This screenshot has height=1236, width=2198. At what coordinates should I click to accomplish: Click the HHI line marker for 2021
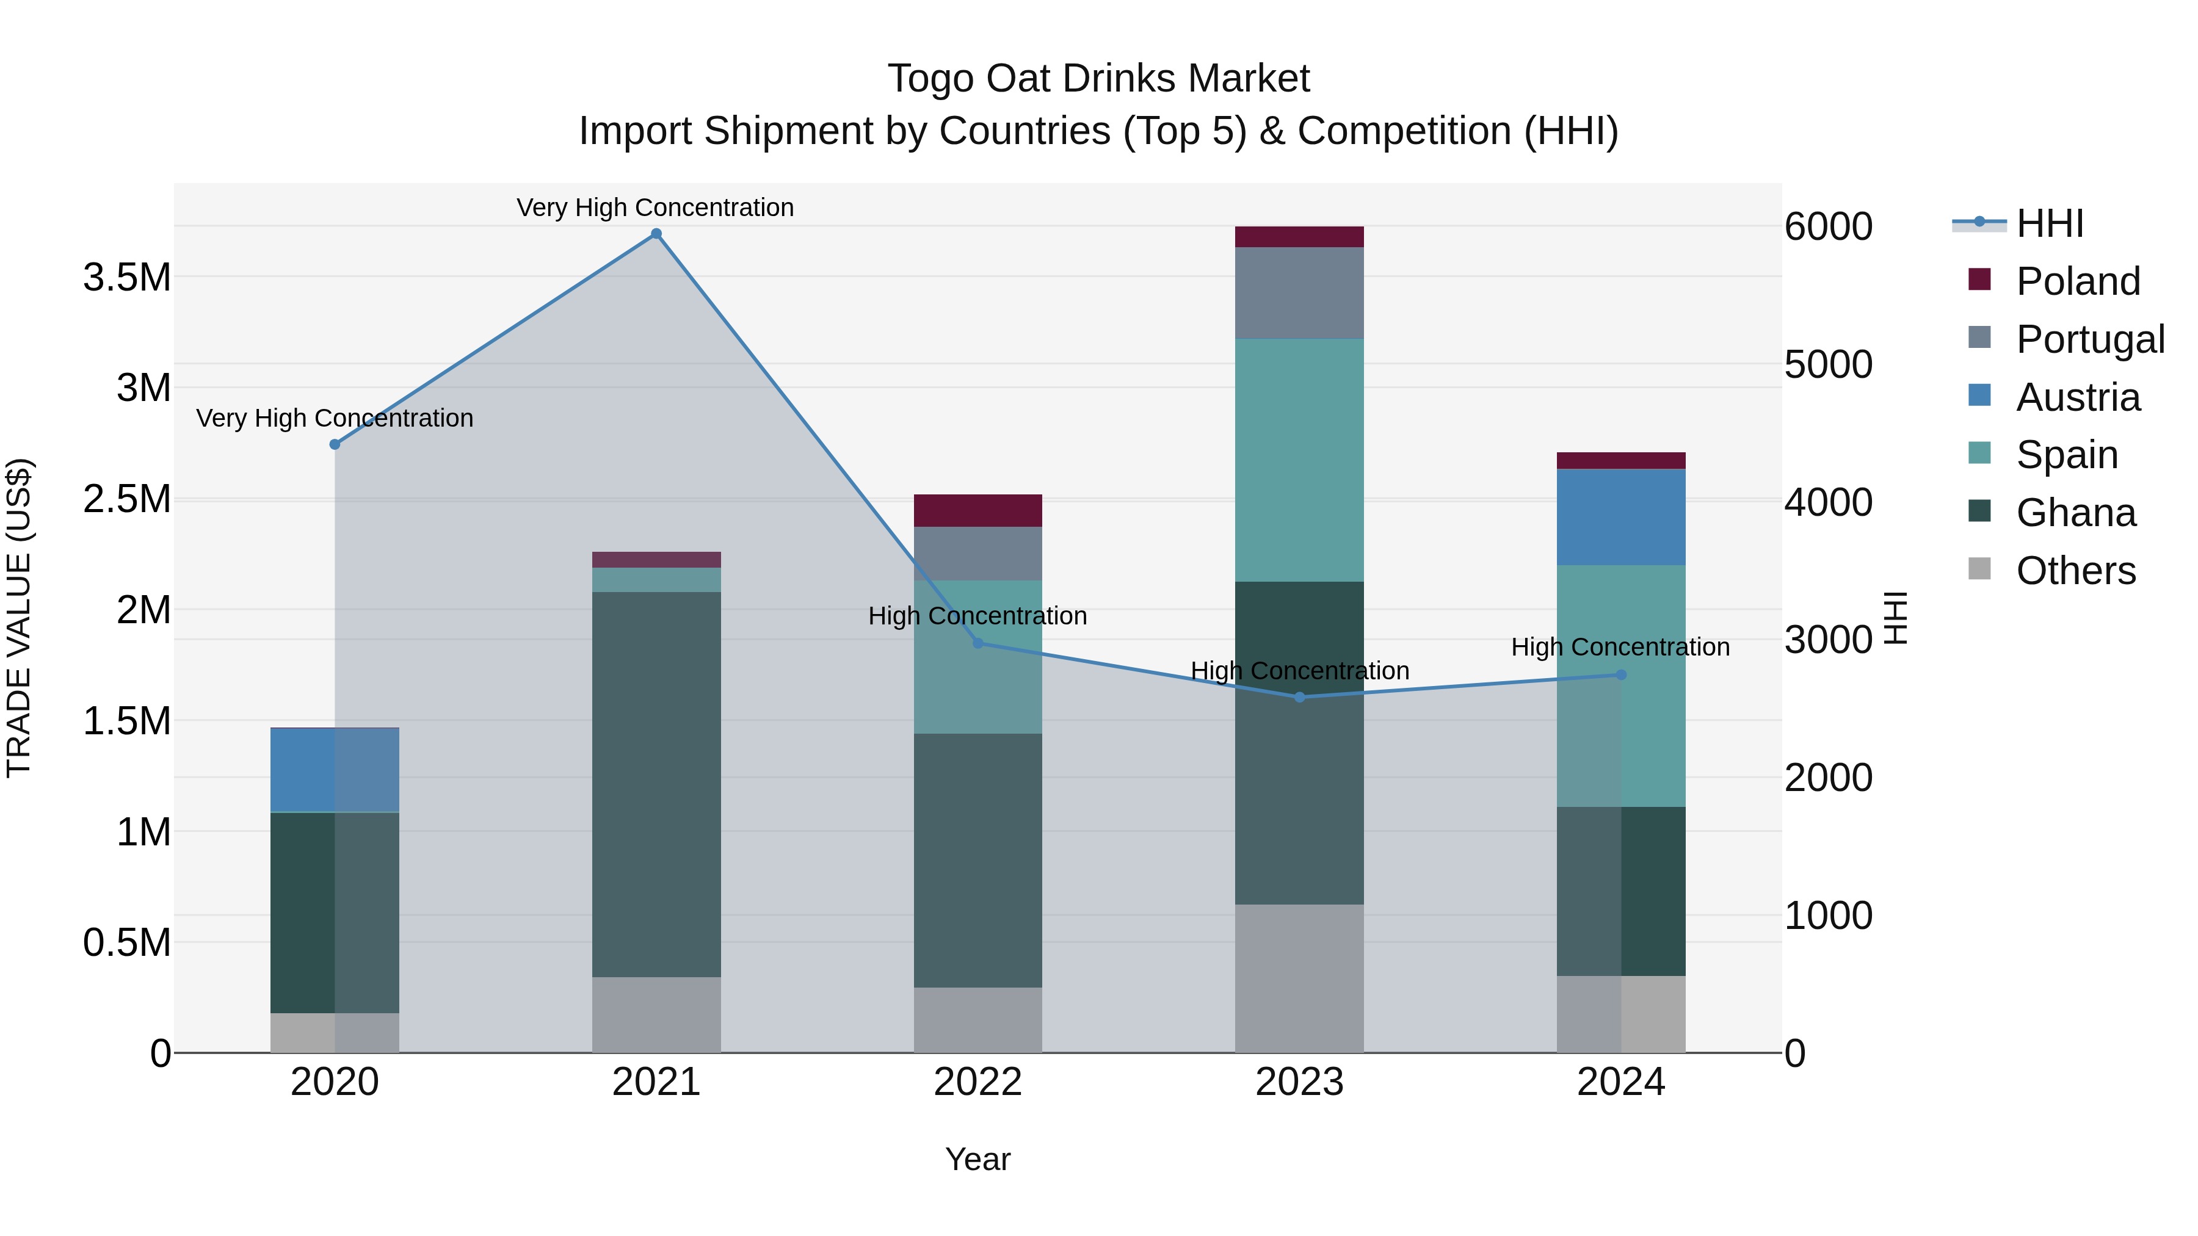[x=656, y=234]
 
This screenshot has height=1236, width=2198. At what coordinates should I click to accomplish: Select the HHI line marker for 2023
[x=1299, y=697]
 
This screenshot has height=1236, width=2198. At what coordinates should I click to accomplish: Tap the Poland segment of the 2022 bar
[x=978, y=510]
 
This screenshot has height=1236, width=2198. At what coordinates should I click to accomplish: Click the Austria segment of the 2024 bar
[x=1620, y=517]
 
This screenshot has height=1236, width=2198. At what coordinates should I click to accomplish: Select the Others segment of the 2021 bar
[x=656, y=1014]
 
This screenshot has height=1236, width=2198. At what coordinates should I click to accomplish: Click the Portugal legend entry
[x=2089, y=339]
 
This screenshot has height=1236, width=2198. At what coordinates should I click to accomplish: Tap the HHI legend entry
[x=2048, y=223]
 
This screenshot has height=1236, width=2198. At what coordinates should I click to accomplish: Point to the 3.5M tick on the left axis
[x=126, y=277]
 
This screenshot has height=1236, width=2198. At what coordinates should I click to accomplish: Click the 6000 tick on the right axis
[x=1827, y=227]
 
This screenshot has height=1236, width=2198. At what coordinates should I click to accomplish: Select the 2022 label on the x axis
[x=978, y=1082]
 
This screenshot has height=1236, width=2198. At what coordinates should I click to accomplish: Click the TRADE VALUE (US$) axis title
[x=19, y=618]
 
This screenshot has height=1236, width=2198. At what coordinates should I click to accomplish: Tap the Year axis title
[x=978, y=1159]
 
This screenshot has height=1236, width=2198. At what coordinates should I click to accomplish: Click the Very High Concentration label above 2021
[x=655, y=208]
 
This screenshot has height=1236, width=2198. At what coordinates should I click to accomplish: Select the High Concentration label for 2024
[x=1620, y=646]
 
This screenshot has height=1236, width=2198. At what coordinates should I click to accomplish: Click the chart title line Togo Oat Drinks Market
[x=1098, y=79]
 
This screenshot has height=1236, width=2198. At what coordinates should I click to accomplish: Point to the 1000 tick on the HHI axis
[x=1827, y=916]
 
